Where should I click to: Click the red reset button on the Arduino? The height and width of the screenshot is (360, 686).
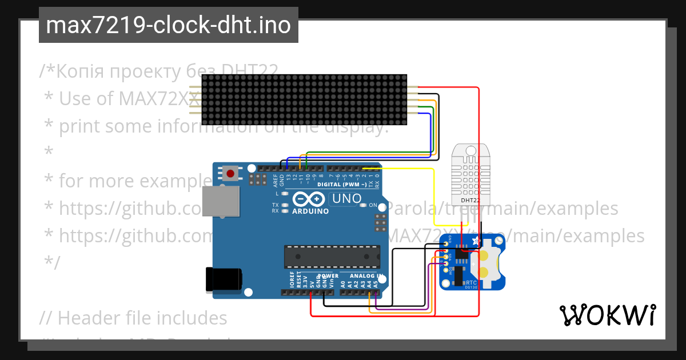coord(231,173)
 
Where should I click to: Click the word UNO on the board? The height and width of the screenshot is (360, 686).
coord(347,199)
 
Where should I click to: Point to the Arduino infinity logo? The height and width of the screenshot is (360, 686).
coord(303,199)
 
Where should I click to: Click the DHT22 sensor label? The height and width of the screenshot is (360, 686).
coord(470,200)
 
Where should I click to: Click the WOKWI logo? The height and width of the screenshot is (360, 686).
coord(607,315)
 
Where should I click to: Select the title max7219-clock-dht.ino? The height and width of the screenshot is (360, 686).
coord(168,25)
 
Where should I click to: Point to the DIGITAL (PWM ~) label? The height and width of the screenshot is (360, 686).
coord(341,185)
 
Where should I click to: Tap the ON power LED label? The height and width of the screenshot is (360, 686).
coord(373,205)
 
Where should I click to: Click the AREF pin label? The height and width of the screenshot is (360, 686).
coord(276,181)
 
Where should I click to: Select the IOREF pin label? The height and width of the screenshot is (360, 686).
coord(292,281)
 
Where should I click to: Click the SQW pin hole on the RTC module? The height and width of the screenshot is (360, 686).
coord(445,270)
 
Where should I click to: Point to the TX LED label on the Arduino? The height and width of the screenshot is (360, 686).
coord(275,205)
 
